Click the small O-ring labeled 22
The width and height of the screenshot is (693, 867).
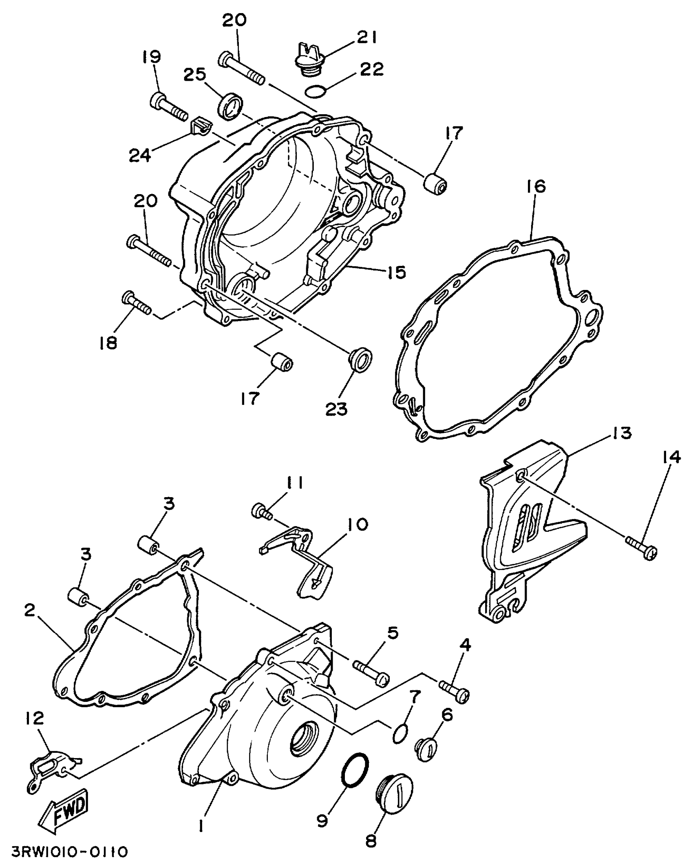(x=314, y=92)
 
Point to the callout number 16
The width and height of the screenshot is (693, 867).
(x=538, y=187)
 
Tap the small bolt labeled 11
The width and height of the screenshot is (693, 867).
(x=262, y=511)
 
